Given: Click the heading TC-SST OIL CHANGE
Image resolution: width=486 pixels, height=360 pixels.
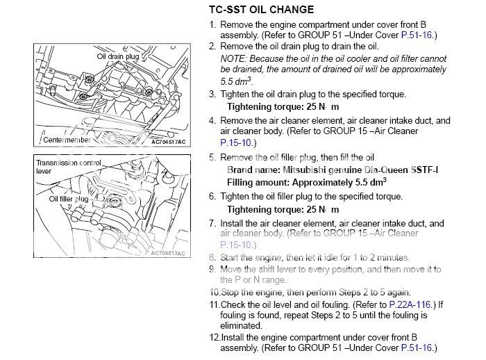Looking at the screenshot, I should pos(261,10).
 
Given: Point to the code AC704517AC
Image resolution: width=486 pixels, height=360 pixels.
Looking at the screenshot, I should pos(169,141).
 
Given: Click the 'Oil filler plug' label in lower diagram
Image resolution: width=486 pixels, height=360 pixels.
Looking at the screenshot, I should pos(68,199).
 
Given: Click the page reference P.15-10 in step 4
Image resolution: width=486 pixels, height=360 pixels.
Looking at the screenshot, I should pos(234,142).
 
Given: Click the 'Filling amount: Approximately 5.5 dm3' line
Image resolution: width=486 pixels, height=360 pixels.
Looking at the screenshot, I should pos(306,181).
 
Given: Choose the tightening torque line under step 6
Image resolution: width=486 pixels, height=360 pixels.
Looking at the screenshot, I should pos(283,209).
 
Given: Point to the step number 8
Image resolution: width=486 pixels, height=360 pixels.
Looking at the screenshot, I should pos(212,257).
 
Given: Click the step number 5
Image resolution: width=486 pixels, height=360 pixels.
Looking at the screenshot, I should pos(212,158).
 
